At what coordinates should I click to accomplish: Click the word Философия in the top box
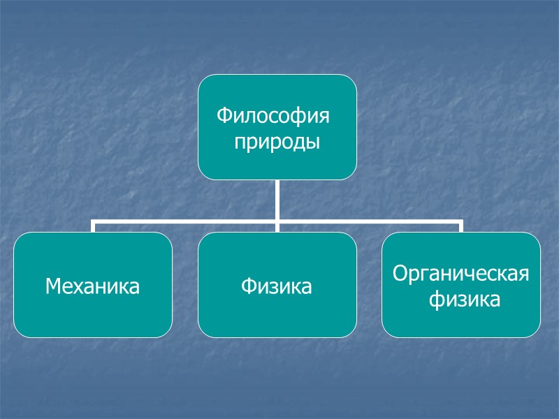tap(273, 115)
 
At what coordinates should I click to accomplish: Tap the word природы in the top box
tap(277, 142)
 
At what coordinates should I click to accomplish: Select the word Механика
tap(92, 286)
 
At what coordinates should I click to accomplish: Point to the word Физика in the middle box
tap(277, 286)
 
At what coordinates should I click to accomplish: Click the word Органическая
tap(461, 273)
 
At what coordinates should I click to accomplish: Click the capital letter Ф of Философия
tap(223, 115)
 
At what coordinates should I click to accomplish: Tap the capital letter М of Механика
tap(52, 286)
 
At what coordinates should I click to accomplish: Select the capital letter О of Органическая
tap(400, 273)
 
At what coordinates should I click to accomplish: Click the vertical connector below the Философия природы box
tap(277, 200)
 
